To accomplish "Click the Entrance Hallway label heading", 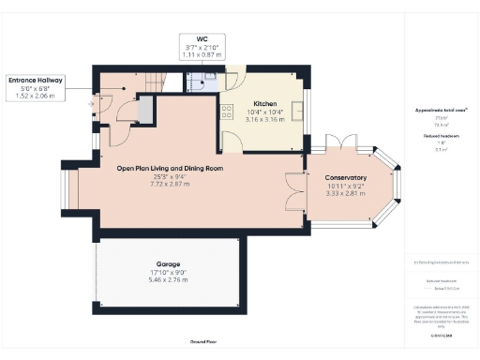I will [x=35, y=82].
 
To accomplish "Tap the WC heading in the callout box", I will [x=202, y=39].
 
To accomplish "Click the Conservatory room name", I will [x=345, y=178].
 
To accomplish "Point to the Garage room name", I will [x=169, y=264].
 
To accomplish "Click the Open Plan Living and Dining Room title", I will [x=170, y=168].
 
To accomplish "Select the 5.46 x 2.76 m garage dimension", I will [x=169, y=280].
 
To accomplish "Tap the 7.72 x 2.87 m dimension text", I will [x=170, y=184].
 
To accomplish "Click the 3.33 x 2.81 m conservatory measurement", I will [x=345, y=194].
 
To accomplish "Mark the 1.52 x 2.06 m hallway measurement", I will [x=35, y=97].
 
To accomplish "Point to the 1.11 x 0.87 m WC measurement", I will [x=202, y=55].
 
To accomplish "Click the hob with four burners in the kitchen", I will [x=227, y=111].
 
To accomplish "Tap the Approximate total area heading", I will [x=434, y=109].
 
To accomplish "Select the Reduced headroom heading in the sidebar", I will [x=434, y=137].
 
